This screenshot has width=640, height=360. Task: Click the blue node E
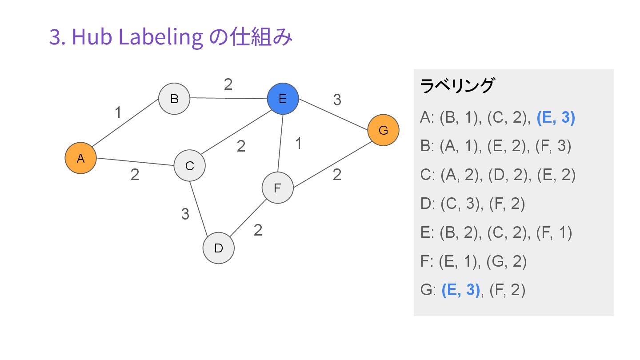(283, 99)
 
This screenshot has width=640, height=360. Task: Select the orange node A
(80, 158)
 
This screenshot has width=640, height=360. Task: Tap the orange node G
(383, 130)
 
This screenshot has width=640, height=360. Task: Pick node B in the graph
(174, 98)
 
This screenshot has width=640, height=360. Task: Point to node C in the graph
(189, 166)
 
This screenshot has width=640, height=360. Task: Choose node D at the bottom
(218, 248)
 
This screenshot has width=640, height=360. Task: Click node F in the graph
(277, 188)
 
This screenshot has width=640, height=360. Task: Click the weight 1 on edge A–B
(118, 113)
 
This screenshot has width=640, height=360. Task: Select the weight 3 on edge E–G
(337, 100)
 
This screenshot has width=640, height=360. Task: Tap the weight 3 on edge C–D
(185, 214)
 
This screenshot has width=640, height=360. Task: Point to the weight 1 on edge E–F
(299, 144)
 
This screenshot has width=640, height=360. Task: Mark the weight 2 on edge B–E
(228, 84)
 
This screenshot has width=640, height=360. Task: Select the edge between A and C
(135, 162)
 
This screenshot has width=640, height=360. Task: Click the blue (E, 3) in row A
(556, 118)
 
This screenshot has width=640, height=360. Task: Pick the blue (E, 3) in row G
(461, 290)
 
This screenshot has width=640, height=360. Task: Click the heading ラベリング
(456, 86)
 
